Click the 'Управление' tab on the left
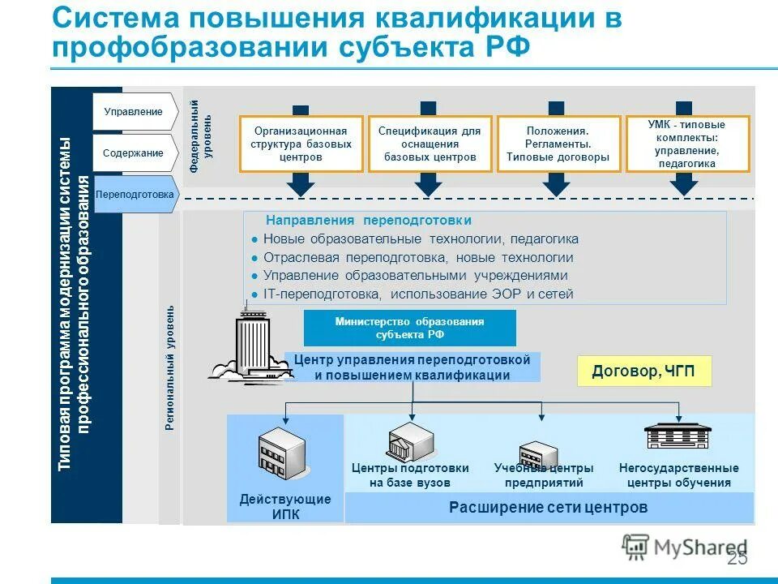click(133, 112)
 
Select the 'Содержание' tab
click(133, 153)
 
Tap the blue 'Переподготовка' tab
click(134, 195)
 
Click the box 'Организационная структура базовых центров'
click(301, 144)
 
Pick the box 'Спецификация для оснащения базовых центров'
click(430, 144)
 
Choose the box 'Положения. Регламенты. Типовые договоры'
click(558, 144)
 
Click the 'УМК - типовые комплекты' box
click(687, 144)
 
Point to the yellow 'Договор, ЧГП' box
click(643, 371)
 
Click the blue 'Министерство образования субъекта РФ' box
click(409, 328)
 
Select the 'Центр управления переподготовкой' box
click(412, 367)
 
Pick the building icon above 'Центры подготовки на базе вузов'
click(412, 442)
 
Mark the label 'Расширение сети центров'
click(549, 508)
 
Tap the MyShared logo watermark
click(684, 545)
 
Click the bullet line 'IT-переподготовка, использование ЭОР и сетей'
click(417, 294)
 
